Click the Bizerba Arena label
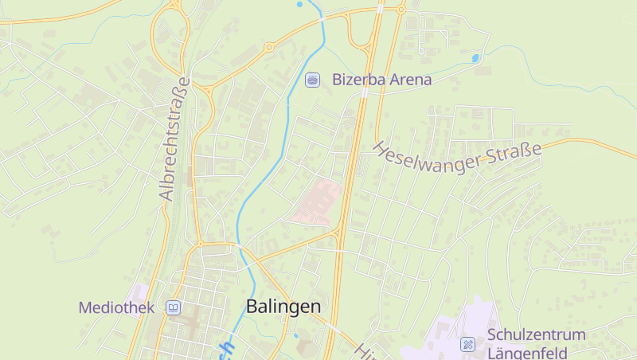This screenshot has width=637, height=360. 381,80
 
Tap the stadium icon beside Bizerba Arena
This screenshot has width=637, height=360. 313,79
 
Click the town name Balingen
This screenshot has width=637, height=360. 283,307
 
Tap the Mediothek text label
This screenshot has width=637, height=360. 116,307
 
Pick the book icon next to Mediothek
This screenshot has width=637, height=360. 172,307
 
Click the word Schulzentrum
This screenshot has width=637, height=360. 536,335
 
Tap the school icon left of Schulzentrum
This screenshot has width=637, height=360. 467,344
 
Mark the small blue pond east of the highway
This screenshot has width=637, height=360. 475,58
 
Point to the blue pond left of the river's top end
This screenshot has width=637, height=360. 299,5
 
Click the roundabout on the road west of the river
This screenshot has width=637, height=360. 270,47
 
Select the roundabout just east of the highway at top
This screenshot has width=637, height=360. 401,10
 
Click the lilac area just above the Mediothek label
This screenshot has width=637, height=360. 142,292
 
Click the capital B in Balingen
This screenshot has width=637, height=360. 252,307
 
